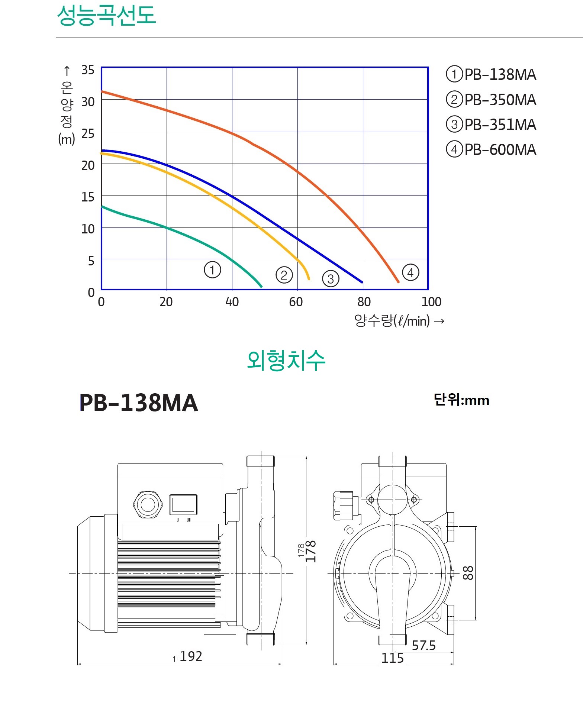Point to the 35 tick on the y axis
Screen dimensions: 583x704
(88, 70)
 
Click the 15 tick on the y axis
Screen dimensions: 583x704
(88, 197)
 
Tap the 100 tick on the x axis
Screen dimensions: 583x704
(431, 302)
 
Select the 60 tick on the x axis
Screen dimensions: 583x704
(296, 302)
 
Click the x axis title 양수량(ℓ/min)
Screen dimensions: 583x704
(392, 320)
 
